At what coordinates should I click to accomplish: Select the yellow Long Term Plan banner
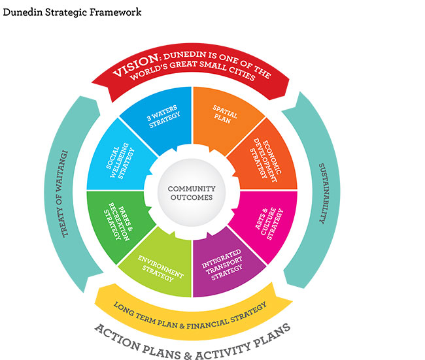click(x=190, y=308)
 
